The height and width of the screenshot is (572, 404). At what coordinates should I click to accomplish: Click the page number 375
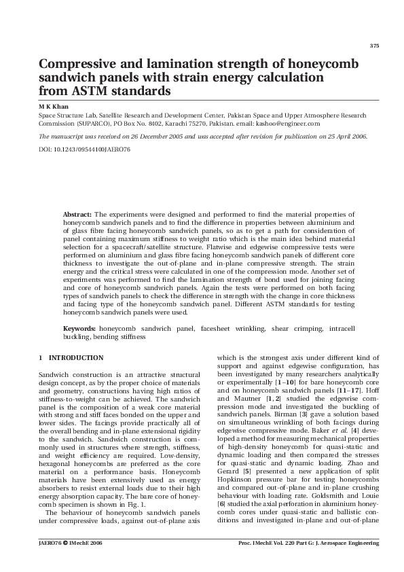(373, 46)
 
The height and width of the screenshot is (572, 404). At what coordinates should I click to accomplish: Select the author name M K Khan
(49, 107)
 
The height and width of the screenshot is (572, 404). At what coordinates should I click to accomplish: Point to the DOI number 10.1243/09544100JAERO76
(85, 147)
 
